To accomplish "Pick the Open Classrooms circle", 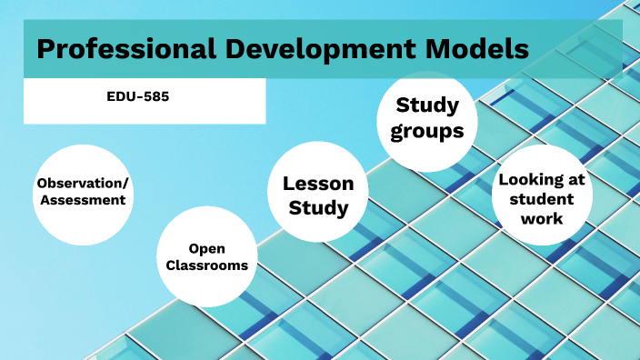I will pos(206,256).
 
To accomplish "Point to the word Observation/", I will pos(83,183).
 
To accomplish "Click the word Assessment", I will pos(83,200).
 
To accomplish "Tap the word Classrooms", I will pos(206,265).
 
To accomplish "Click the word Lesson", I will pos(318,183).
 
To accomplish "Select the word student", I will pos(542,199).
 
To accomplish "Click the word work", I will pos(542,218).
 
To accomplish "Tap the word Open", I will pos(206,247).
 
